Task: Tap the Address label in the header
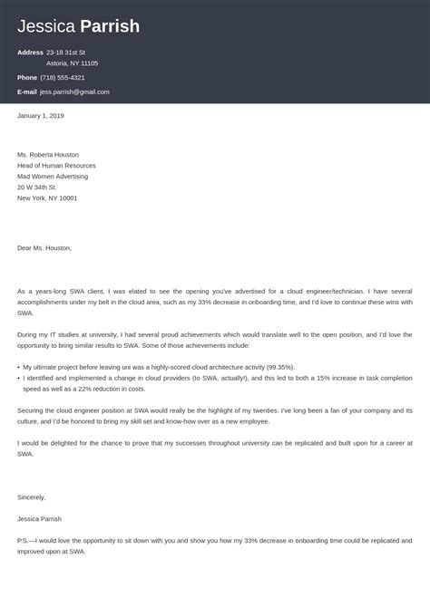[30, 53]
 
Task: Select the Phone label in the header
[27, 77]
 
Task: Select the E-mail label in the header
[28, 92]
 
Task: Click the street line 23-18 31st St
[72, 53]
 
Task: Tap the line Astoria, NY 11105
[72, 63]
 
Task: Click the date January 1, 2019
[41, 116]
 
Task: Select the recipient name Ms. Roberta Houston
[53, 154]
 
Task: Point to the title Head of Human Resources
[59, 165]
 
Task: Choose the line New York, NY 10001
[47, 198]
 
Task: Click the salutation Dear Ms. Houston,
[44, 247]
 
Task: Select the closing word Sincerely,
[31, 497]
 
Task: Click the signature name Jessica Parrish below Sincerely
[43, 519]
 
